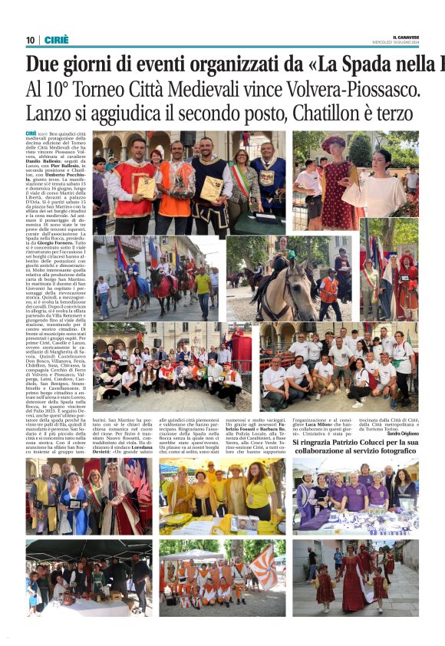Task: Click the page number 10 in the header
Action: tap(30, 40)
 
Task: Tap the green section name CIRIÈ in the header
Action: tap(55, 40)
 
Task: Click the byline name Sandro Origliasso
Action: tap(404, 434)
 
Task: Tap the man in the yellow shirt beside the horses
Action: tap(203, 288)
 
